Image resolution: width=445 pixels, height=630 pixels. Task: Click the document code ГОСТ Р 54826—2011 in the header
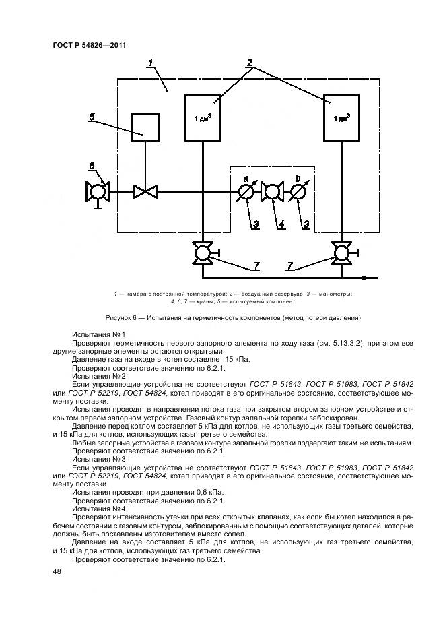[90, 45]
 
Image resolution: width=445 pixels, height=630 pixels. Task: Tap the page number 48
[57, 571]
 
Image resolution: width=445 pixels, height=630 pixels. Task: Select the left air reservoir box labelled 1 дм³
[203, 118]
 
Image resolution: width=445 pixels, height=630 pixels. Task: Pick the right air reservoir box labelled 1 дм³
[341, 118]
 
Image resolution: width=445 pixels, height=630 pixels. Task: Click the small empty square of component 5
[145, 126]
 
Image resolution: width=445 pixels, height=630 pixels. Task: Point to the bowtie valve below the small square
[145, 192]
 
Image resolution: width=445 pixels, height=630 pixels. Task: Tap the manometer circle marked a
[247, 192]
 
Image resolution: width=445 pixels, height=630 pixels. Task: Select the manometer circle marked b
[299, 192]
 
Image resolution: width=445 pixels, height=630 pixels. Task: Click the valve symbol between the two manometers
[273, 192]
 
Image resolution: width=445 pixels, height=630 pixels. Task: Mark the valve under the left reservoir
[203, 254]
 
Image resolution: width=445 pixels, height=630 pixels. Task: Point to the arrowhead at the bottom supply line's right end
[366, 276]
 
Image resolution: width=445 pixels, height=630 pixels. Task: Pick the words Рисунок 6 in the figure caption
[122, 317]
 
